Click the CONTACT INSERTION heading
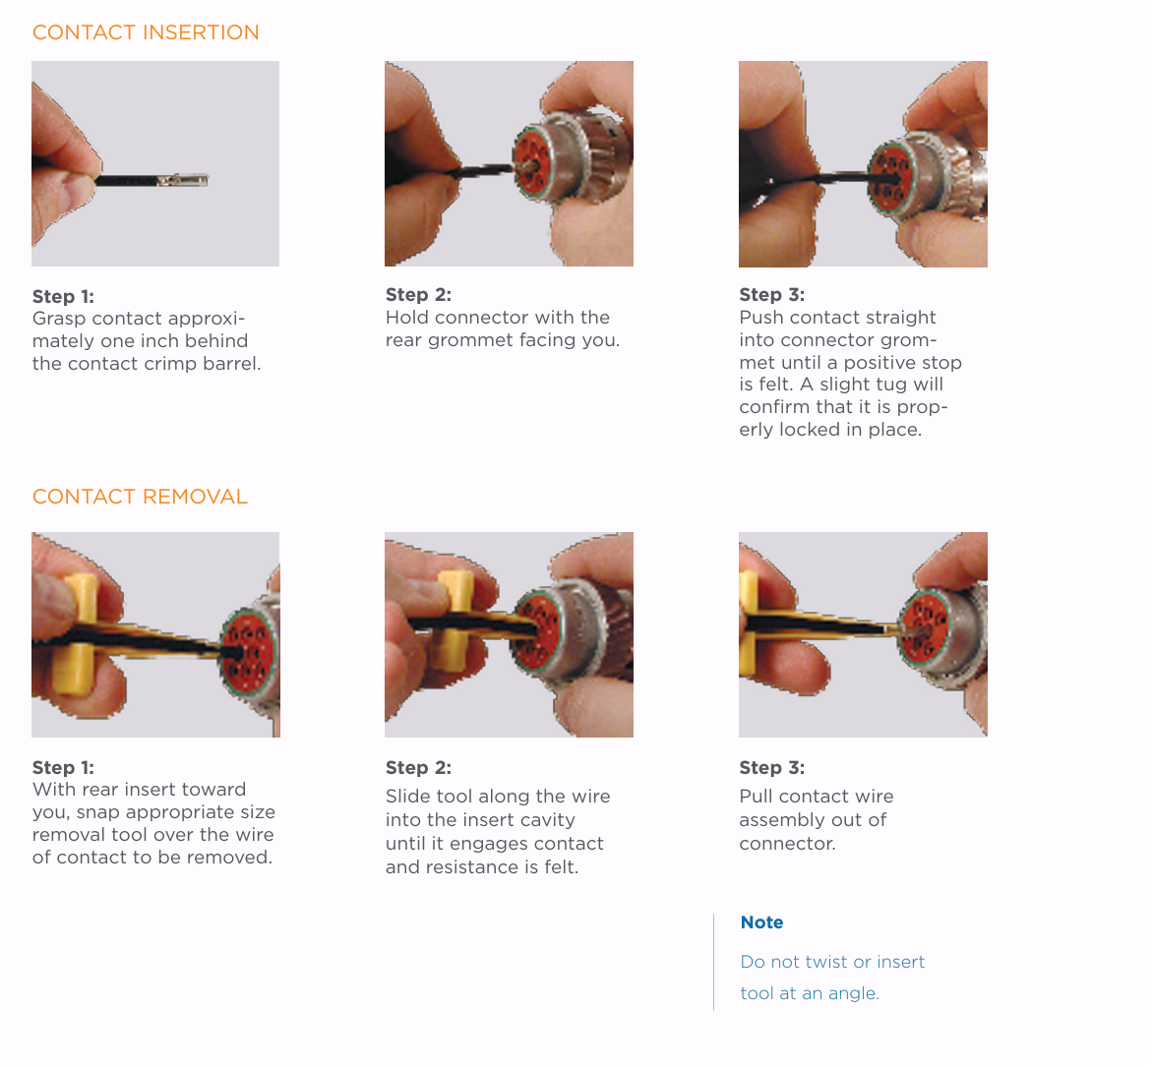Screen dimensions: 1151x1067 pyautogui.click(x=146, y=32)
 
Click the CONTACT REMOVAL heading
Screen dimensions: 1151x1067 pyautogui.click(x=141, y=497)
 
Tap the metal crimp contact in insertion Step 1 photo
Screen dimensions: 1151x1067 pyautogui.click(x=183, y=180)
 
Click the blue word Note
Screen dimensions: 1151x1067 pyautogui.click(x=762, y=922)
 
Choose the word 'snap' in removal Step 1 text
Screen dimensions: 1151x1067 pyautogui.click(x=98, y=813)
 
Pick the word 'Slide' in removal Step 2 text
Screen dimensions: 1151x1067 pyautogui.click(x=409, y=797)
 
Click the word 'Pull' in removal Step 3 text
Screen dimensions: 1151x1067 pyautogui.click(x=757, y=797)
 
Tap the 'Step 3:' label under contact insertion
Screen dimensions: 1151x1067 pyautogui.click(x=772, y=295)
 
